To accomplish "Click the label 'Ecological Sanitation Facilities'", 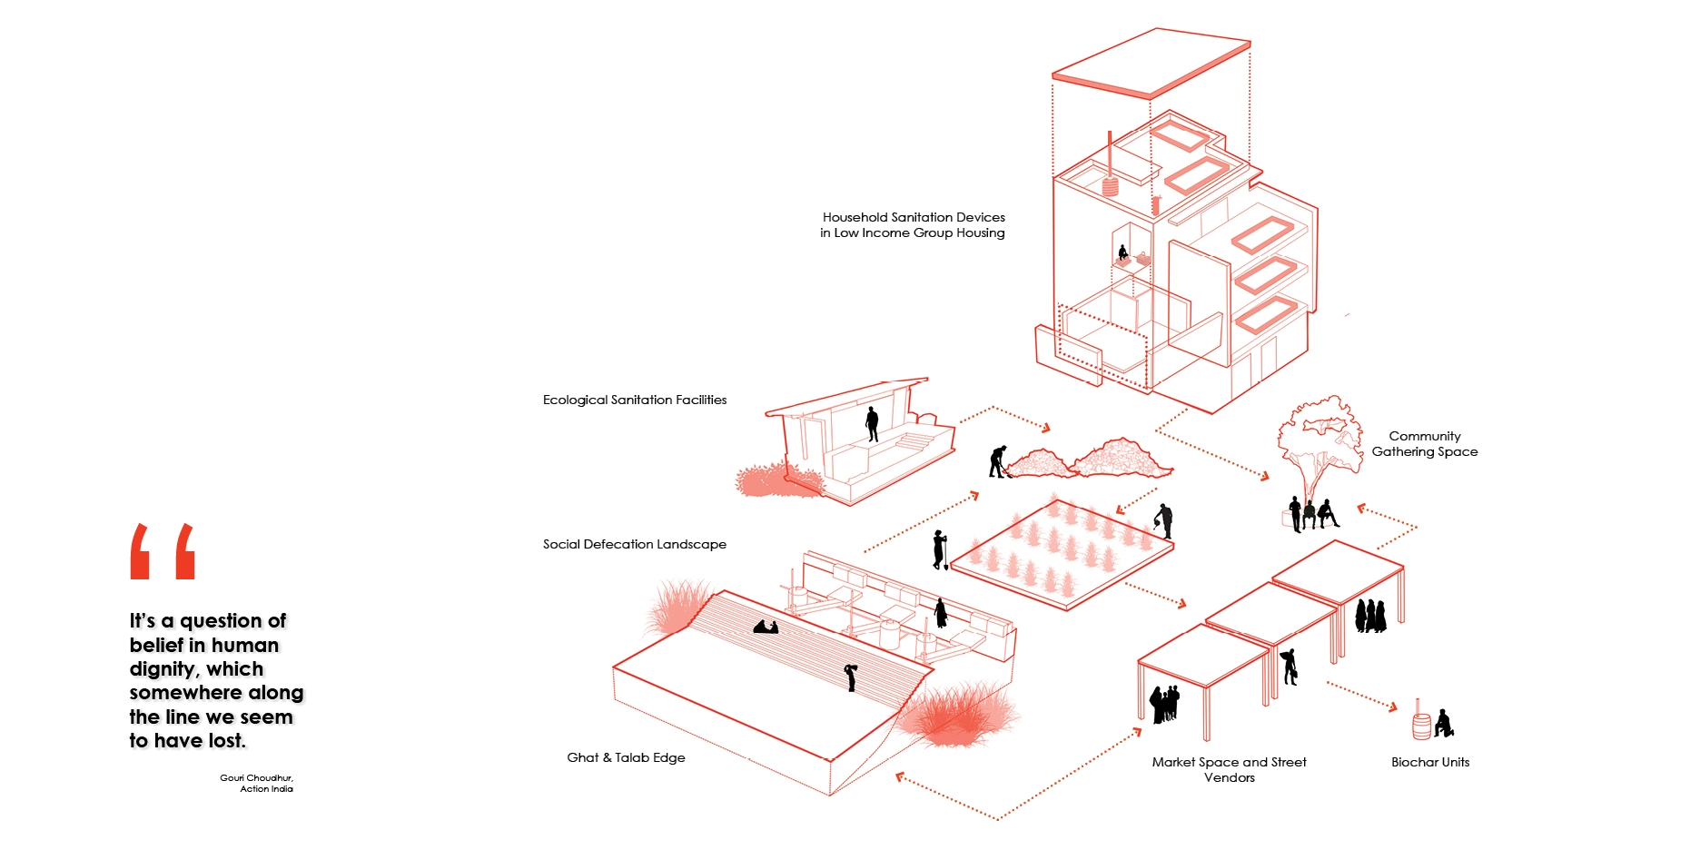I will pyautogui.click(x=635, y=400).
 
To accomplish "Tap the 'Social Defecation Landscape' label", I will pyautogui.click(x=635, y=544).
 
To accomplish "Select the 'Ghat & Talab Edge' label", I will pyautogui.click(x=626, y=757).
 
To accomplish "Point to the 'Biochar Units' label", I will pyautogui.click(x=1430, y=762).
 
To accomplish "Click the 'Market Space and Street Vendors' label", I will pyautogui.click(x=1229, y=769).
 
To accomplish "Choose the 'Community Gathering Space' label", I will pyautogui.click(x=1424, y=444).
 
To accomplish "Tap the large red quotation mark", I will pyautogui.click(x=163, y=551).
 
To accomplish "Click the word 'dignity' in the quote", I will pyautogui.click(x=163, y=669).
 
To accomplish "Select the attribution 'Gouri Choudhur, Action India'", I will pyautogui.click(x=257, y=783).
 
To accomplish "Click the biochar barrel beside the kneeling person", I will pyautogui.click(x=1421, y=726).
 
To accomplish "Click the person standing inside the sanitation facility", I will pyautogui.click(x=872, y=423).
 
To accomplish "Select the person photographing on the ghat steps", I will pyautogui.click(x=851, y=677).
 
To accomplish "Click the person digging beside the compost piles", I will pyautogui.click(x=997, y=461).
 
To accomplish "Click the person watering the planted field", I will pyautogui.click(x=1163, y=520).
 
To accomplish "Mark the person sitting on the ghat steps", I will pyautogui.click(x=766, y=626).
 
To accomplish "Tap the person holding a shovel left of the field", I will pyautogui.click(x=940, y=550).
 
